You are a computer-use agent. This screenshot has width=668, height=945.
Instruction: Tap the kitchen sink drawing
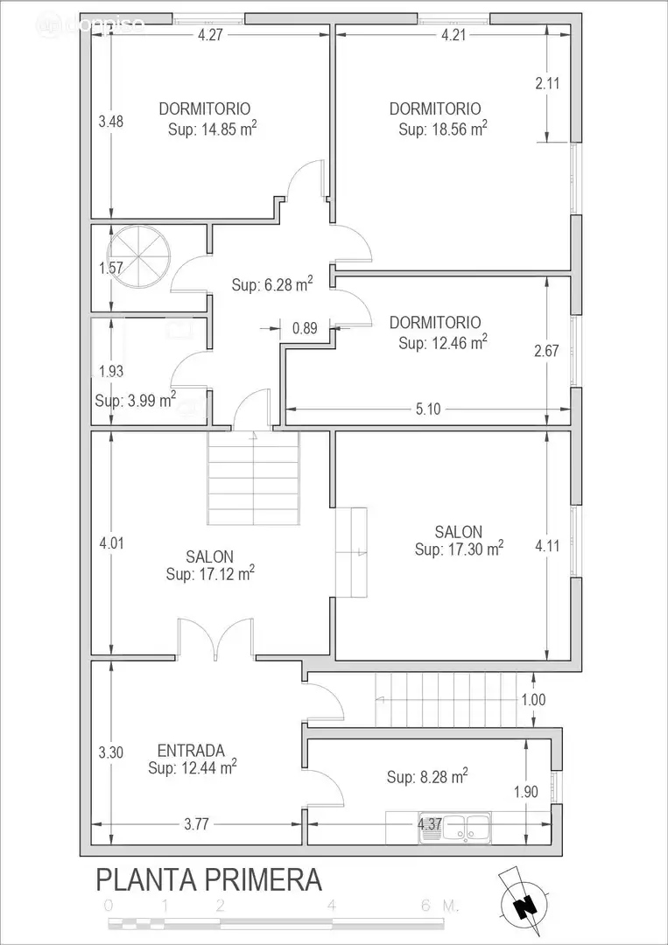(x=455, y=826)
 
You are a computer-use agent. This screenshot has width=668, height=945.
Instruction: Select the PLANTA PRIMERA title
(x=208, y=879)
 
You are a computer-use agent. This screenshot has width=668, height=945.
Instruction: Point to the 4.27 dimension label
(x=210, y=34)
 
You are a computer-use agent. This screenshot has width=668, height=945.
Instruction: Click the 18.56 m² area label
(x=443, y=129)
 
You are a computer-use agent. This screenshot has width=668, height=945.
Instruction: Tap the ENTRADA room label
(x=191, y=751)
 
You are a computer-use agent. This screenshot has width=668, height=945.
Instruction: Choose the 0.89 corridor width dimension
(x=305, y=328)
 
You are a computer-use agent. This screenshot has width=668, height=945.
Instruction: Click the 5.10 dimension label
(x=428, y=409)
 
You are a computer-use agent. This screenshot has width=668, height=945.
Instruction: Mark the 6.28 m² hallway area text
(x=272, y=283)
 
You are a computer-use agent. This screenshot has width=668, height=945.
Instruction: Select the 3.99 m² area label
(x=136, y=400)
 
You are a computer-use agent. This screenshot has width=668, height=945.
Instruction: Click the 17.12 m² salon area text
(x=210, y=573)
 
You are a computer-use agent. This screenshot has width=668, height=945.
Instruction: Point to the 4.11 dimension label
(x=547, y=546)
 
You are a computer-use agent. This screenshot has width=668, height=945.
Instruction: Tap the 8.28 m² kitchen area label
(x=427, y=775)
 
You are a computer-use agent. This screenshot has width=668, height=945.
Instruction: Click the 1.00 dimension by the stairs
(x=533, y=700)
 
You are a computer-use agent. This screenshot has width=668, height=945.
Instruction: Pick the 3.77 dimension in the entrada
(x=197, y=824)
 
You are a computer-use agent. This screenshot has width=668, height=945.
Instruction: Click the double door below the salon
(x=215, y=639)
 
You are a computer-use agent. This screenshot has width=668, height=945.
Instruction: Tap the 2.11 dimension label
(x=547, y=83)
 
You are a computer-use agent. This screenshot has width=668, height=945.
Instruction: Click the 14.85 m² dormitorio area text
(x=212, y=129)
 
